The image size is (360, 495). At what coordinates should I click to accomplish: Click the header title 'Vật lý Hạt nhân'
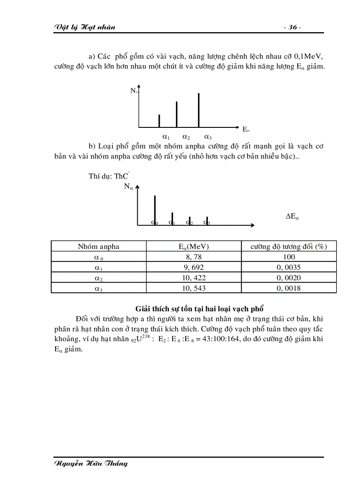[x=84, y=27]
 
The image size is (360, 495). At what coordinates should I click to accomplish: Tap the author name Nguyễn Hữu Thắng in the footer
[x=90, y=463]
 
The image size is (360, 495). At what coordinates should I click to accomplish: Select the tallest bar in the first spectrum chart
[x=199, y=110]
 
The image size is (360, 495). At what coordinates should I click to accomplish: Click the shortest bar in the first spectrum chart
[x=159, y=120]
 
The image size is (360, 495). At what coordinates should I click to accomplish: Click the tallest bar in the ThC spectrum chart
[x=154, y=210]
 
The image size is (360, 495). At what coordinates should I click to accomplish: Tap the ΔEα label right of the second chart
[x=292, y=216]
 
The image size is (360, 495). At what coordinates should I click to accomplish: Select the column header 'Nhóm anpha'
[x=98, y=246]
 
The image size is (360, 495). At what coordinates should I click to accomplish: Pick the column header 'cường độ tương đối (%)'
[x=289, y=246]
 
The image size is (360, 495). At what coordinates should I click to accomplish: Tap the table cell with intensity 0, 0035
[x=289, y=267]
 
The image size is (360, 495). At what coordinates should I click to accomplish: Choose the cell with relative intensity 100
[x=289, y=257]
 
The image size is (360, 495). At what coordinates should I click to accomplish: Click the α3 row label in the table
[x=98, y=288]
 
